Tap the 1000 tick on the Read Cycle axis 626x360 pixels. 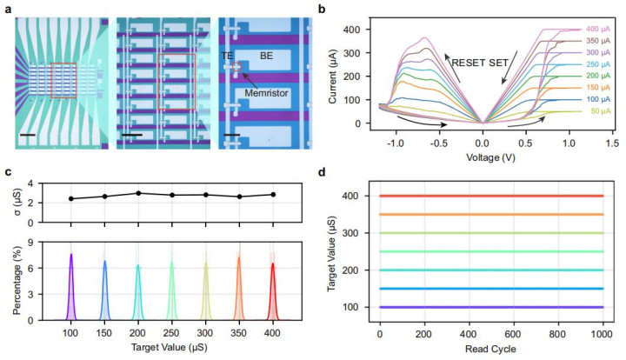[x=603, y=333]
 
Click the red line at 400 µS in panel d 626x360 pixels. [x=491, y=196]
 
